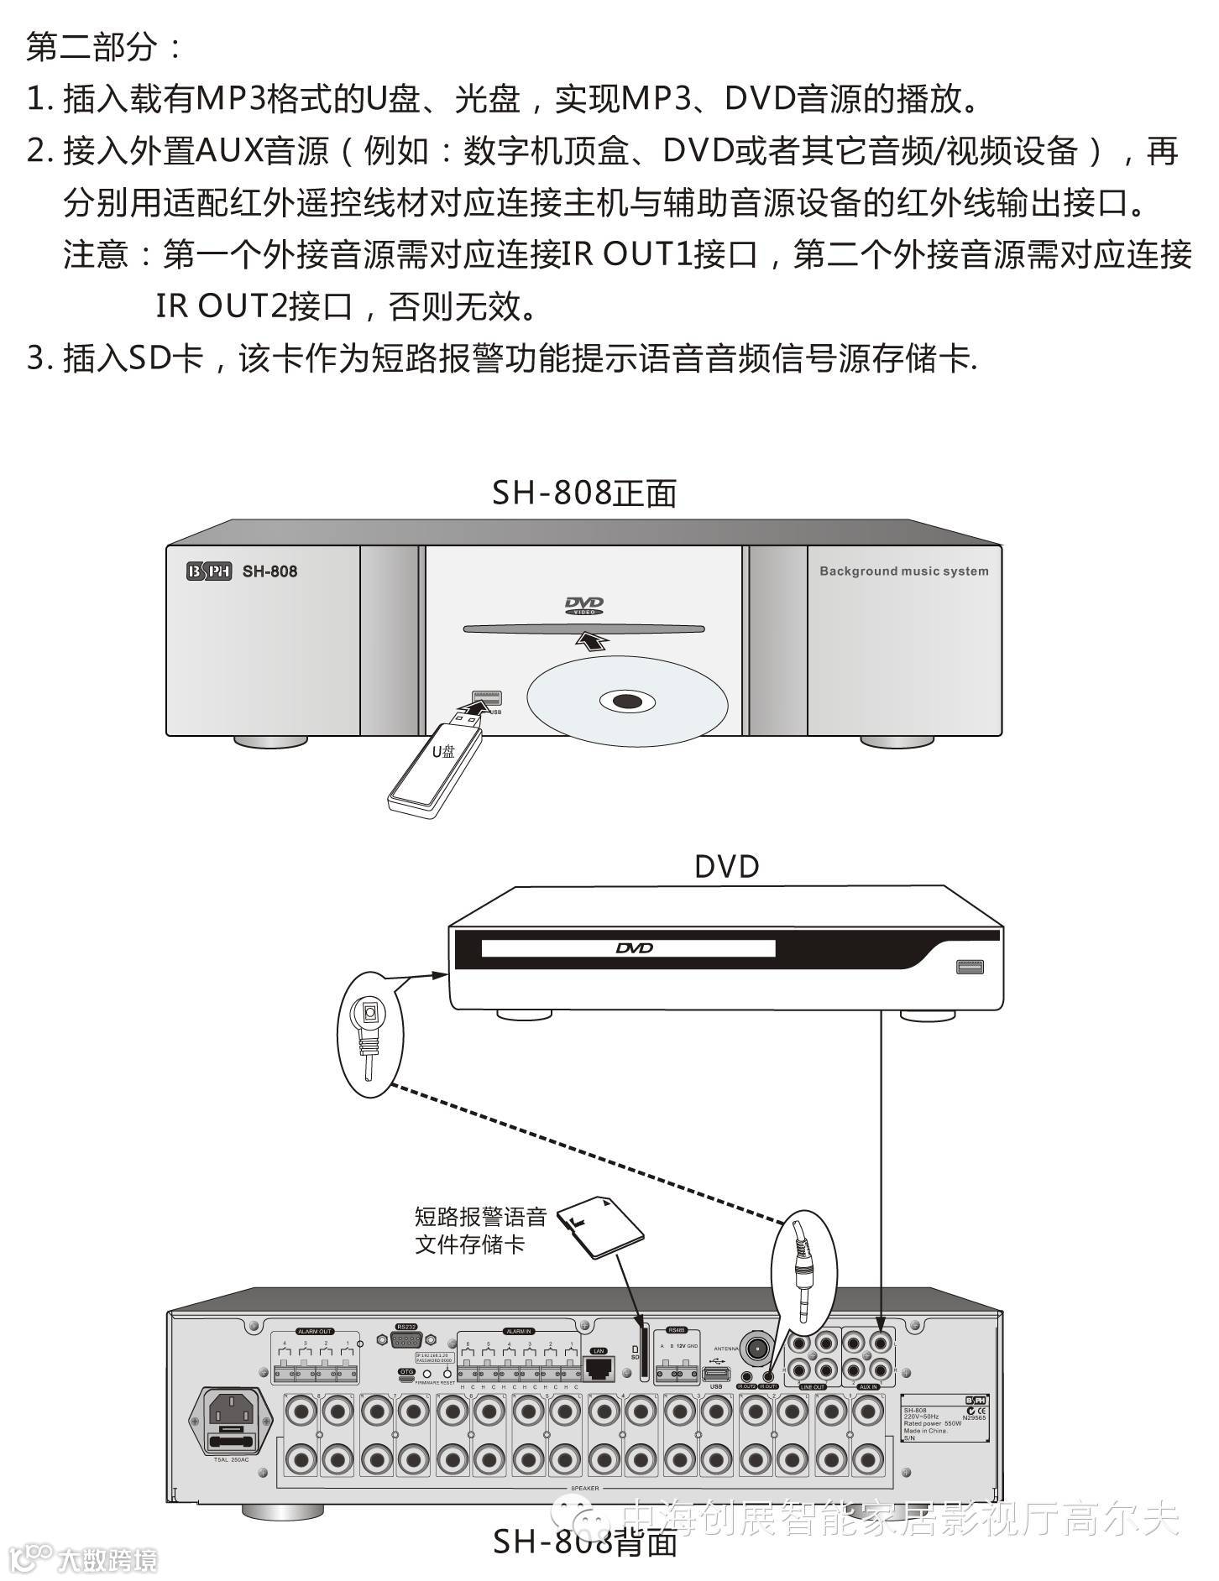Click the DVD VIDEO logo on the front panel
tap(583, 606)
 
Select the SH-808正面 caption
tap(584, 493)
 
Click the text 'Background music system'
tap(903, 571)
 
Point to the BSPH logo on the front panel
tap(208, 571)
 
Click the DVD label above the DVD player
tap(726, 866)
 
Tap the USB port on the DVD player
tap(970, 968)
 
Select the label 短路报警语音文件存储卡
tap(480, 1230)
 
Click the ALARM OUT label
tap(314, 1332)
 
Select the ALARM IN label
tap(518, 1332)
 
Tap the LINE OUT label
tap(812, 1387)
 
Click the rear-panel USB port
tap(715, 1373)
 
